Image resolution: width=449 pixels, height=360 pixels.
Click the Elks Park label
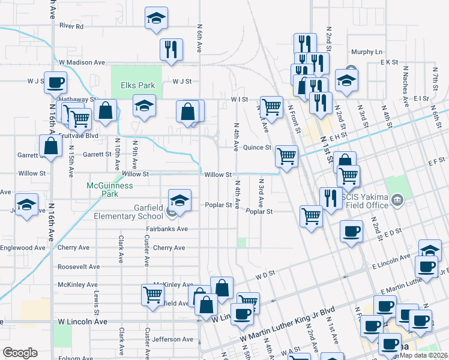point(138,85)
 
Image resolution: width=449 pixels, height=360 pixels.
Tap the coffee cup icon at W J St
point(56,82)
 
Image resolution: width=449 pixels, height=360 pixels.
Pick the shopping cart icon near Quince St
point(287,156)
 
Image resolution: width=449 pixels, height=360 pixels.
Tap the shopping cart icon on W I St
point(272,107)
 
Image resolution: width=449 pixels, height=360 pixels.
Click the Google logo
point(20,353)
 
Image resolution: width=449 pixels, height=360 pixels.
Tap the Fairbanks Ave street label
point(167,229)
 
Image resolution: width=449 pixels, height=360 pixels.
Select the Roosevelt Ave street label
point(78,266)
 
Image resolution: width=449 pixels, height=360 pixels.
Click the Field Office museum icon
point(396,199)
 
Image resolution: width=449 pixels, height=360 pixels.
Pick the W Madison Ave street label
point(82,62)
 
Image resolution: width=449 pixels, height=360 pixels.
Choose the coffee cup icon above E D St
point(351,231)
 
